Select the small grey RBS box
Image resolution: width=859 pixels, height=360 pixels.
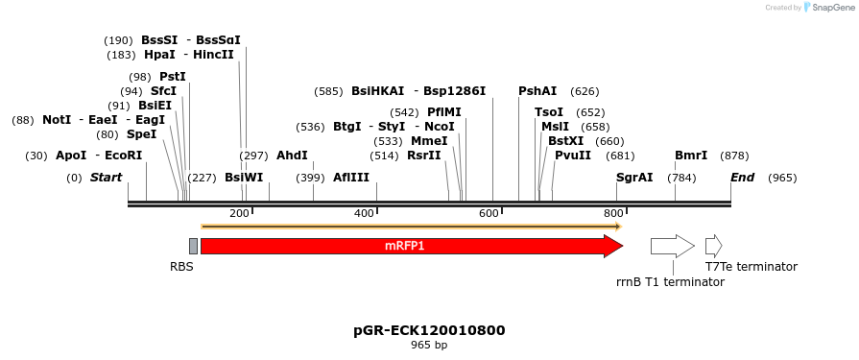click(193, 246)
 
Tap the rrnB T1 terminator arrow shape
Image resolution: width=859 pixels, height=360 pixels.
click(672, 246)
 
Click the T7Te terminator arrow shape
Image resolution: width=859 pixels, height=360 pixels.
click(713, 246)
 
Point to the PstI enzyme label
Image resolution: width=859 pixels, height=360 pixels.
click(173, 77)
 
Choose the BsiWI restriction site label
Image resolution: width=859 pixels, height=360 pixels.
click(244, 178)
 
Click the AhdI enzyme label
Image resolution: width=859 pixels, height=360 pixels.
click(292, 156)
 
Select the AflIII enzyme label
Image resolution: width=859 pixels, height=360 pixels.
click(351, 178)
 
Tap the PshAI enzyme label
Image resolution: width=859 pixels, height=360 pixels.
click(537, 91)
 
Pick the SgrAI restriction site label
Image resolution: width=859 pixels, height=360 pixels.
click(634, 178)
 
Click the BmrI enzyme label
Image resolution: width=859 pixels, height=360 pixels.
click(691, 156)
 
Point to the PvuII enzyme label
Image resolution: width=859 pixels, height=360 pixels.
click(573, 156)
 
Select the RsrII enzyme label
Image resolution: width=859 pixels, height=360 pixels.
click(424, 156)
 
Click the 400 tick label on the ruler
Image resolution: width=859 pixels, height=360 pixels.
click(365, 213)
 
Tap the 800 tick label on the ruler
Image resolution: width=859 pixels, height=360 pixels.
click(613, 213)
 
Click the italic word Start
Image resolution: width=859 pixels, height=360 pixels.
click(107, 178)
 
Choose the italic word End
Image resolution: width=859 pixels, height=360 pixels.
click(742, 178)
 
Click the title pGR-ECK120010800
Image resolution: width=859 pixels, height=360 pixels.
click(429, 330)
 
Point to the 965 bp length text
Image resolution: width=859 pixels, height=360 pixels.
click(429, 345)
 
